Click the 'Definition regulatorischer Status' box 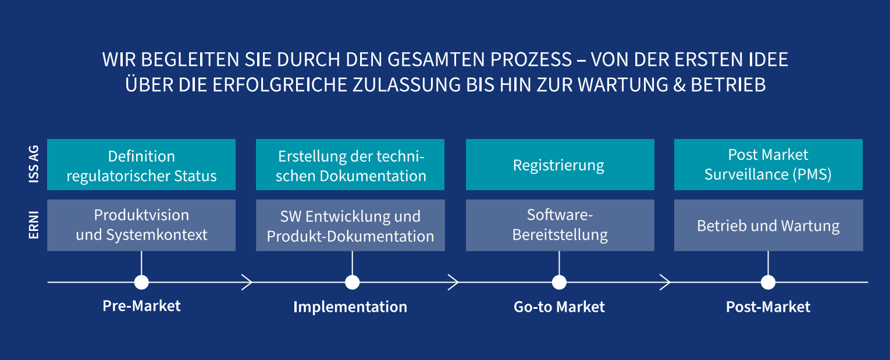(141, 165)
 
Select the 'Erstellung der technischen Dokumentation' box (350, 165)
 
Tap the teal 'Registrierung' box (560, 165)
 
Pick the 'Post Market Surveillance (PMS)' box (768, 165)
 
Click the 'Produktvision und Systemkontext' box (141, 225)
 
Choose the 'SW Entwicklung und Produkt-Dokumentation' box (350, 225)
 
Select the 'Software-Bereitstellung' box (560, 225)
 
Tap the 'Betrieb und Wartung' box (768, 225)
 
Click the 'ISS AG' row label (34, 164)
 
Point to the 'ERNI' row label (34, 225)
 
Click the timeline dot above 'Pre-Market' (141, 283)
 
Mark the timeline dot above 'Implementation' (352, 283)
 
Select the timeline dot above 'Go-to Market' (559, 283)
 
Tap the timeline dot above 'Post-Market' (768, 283)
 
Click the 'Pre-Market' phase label (141, 306)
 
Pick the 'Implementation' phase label (350, 307)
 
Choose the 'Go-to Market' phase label (559, 306)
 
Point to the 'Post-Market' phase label (768, 306)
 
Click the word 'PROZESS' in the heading (531, 59)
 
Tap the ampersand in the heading (679, 85)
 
